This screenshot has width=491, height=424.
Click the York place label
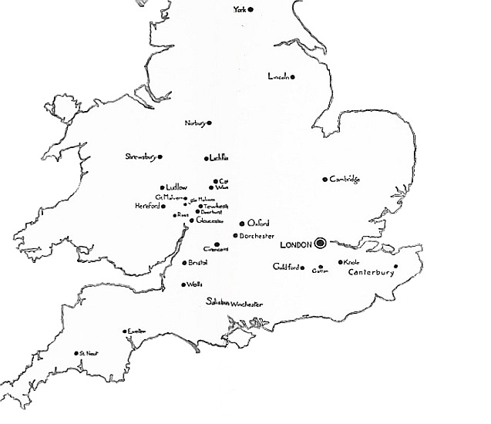[241, 10]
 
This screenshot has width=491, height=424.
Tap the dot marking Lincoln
[293, 76]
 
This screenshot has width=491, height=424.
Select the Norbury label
[195, 123]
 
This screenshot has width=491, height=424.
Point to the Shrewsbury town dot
[160, 156]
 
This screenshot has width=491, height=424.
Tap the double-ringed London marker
[320, 244]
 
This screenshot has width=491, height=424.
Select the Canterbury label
[372, 272]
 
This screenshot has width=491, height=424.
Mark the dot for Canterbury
[395, 267]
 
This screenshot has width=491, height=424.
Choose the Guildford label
[286, 267]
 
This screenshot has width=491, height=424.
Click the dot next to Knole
[341, 262]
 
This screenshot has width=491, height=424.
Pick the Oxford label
[259, 223]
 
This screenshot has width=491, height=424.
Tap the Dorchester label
[257, 235]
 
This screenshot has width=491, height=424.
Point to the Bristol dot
[183, 263]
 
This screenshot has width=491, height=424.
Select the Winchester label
[247, 304]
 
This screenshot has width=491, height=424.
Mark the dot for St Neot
[76, 353]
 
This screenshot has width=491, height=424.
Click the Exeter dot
[125, 331]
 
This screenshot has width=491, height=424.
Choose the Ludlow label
[177, 187]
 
